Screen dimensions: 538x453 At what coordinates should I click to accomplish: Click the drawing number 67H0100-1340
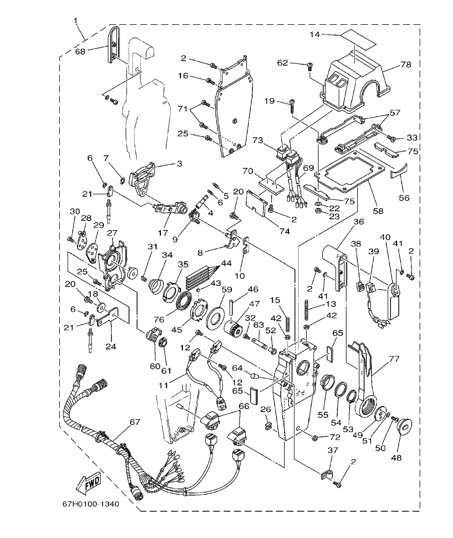91,504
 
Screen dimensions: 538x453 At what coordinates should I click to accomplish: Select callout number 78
405,64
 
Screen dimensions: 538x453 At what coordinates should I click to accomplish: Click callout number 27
111,233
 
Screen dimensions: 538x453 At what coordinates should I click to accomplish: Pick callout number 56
403,197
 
